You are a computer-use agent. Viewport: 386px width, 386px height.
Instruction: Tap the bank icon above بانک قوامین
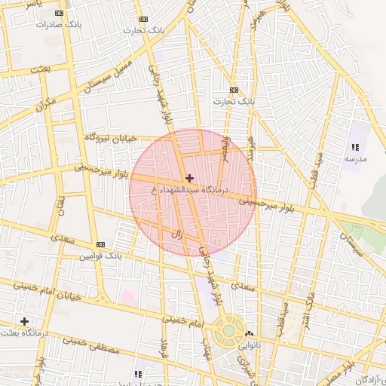click(x=100, y=245)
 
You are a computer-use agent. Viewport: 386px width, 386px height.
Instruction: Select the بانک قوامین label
click(x=100, y=256)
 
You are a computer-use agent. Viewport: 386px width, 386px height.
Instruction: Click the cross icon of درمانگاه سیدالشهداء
click(x=188, y=178)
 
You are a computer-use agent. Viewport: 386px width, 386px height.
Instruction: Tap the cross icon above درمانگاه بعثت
click(x=25, y=321)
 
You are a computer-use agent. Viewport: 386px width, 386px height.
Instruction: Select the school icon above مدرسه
click(x=354, y=147)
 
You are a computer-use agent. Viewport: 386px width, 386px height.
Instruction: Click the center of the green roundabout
click(x=227, y=331)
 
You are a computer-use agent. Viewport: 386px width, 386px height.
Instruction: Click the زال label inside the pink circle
click(x=179, y=234)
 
